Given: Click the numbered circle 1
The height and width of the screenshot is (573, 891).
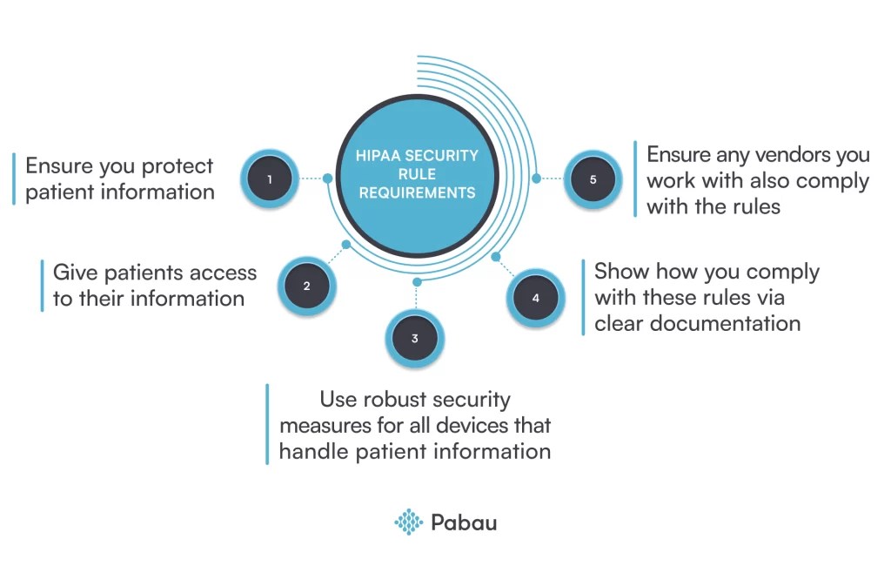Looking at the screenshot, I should [x=270, y=179].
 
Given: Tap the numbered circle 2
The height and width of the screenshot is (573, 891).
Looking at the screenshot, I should [x=306, y=286].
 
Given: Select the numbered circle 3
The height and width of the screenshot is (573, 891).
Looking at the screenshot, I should [x=415, y=339].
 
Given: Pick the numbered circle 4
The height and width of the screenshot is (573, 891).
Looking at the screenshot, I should [x=535, y=298].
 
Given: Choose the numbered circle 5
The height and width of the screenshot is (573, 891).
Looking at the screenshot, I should [x=593, y=179].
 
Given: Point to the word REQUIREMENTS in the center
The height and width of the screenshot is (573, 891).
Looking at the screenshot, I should [x=418, y=192].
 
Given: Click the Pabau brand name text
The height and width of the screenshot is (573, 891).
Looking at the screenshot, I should [x=464, y=522].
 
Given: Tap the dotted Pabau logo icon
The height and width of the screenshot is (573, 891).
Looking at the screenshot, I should [x=408, y=522].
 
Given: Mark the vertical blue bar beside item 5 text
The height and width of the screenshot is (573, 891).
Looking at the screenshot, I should [x=635, y=179].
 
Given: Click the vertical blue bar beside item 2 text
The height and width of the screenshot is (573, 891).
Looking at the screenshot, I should [x=42, y=285].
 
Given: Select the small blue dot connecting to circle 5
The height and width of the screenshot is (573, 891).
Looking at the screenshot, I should [x=536, y=179].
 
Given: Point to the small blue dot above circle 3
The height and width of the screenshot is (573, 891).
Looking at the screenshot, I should [x=417, y=282].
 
